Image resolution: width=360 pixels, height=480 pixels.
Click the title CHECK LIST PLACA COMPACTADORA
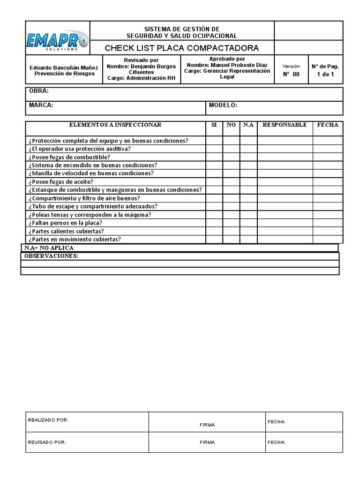181,48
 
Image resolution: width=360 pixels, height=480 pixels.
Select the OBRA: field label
39,91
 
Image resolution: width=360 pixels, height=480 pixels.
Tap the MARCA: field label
41,105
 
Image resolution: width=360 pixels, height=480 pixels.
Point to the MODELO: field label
223,105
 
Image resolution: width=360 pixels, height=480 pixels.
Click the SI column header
214,125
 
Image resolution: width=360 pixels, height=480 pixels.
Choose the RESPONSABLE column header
285,125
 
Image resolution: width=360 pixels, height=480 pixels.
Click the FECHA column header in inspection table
328,125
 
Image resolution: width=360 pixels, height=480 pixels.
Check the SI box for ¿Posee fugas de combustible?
214,157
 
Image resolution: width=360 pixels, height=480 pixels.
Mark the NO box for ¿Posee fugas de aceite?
231,182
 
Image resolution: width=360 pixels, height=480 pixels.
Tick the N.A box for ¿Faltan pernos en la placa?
248,223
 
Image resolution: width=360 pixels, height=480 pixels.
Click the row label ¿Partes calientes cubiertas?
66,231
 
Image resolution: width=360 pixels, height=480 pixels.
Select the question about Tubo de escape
93,206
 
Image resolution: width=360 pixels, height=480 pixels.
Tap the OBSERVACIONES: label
51,256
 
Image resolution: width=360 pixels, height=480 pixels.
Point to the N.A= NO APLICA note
49,247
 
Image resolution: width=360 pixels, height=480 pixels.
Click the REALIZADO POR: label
48,420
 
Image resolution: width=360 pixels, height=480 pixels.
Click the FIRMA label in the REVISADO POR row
207,442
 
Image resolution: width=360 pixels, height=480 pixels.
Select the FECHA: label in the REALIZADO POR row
277,422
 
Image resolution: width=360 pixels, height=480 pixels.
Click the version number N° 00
291,74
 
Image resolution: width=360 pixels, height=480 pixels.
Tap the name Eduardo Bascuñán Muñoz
64,67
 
